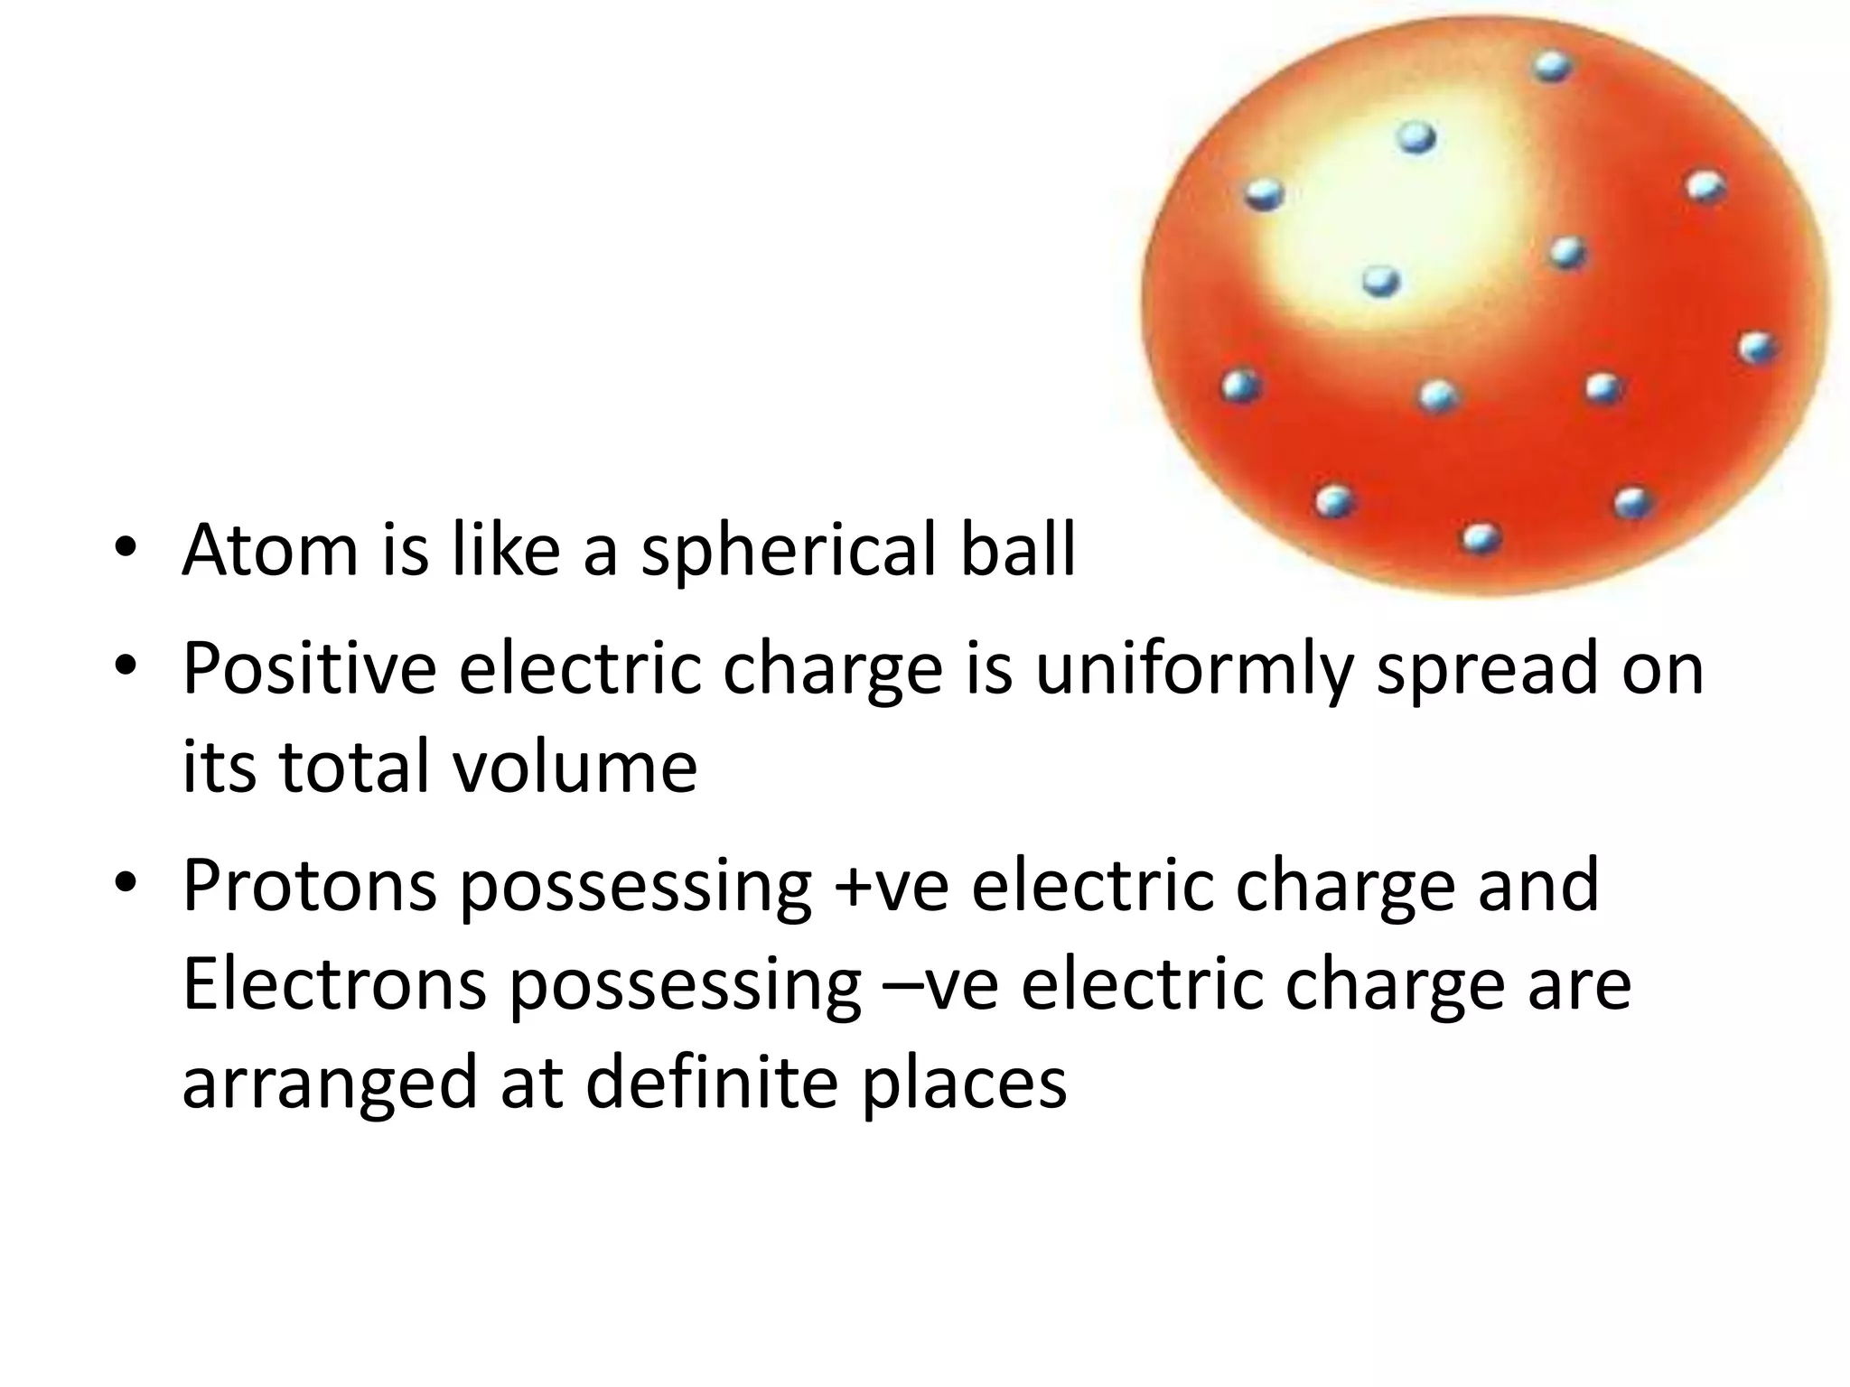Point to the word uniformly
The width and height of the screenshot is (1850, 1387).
(1193, 670)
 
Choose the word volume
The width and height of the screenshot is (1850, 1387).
(574, 768)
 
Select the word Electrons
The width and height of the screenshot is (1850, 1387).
(334, 984)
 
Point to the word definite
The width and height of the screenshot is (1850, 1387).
(713, 1082)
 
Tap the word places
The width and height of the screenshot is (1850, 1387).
(963, 1084)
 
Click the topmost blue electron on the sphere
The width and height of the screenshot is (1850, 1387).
(1552, 66)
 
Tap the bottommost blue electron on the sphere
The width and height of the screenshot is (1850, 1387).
(1481, 539)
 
